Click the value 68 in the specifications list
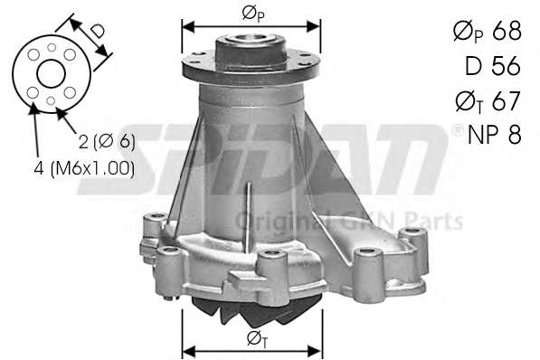(x=507, y=31)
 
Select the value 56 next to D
(x=506, y=66)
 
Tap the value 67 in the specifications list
(x=506, y=100)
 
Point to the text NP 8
(x=495, y=134)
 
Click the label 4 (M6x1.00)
(x=84, y=168)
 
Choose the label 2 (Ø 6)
(x=107, y=142)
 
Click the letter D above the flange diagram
(x=98, y=31)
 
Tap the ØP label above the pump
(x=253, y=14)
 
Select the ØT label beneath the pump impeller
(x=258, y=340)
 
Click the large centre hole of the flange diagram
(x=51, y=74)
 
